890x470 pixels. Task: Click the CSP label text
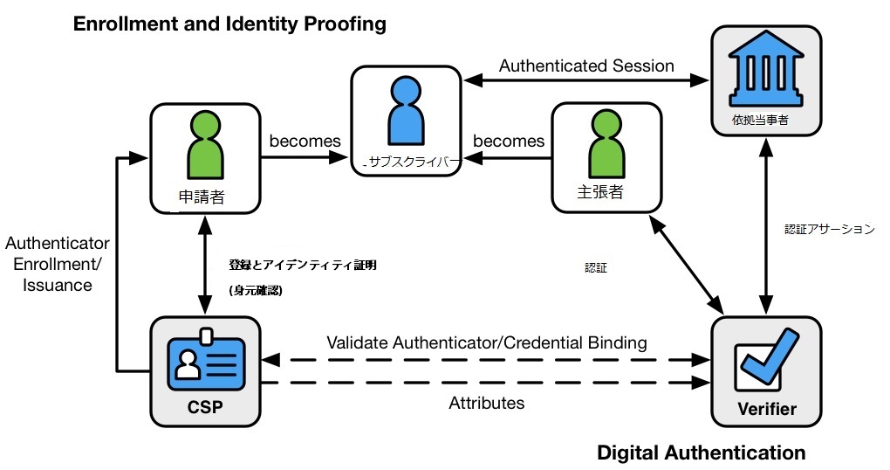(x=205, y=407)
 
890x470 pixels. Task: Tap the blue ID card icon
(x=206, y=362)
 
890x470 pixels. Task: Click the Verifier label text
(x=767, y=409)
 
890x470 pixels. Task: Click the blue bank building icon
(x=766, y=69)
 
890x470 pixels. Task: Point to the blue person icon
(x=406, y=110)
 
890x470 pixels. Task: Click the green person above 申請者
(x=205, y=145)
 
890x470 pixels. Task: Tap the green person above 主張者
(x=606, y=144)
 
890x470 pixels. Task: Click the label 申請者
(x=202, y=197)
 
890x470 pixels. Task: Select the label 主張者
(x=600, y=192)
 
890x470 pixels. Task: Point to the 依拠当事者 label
(x=760, y=120)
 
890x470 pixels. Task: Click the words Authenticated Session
(x=586, y=66)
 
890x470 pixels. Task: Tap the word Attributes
(x=486, y=403)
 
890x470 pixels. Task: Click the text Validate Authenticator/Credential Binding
(x=486, y=342)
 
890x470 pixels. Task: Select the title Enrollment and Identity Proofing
(x=229, y=24)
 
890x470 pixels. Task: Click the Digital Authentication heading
(x=701, y=453)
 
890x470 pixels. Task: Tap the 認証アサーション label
(x=829, y=229)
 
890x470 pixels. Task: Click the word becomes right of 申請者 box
(x=305, y=141)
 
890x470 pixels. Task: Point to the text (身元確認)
(x=256, y=290)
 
